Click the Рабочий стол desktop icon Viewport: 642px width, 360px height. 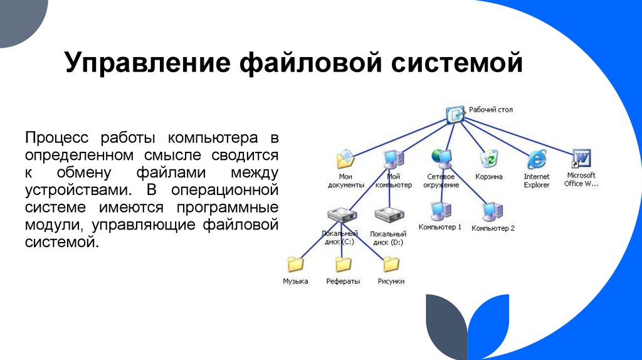tap(456, 114)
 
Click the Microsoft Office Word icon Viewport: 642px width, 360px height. tap(581, 158)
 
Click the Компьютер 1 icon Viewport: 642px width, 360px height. tap(439, 208)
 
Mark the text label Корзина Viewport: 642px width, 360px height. tap(488, 177)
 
